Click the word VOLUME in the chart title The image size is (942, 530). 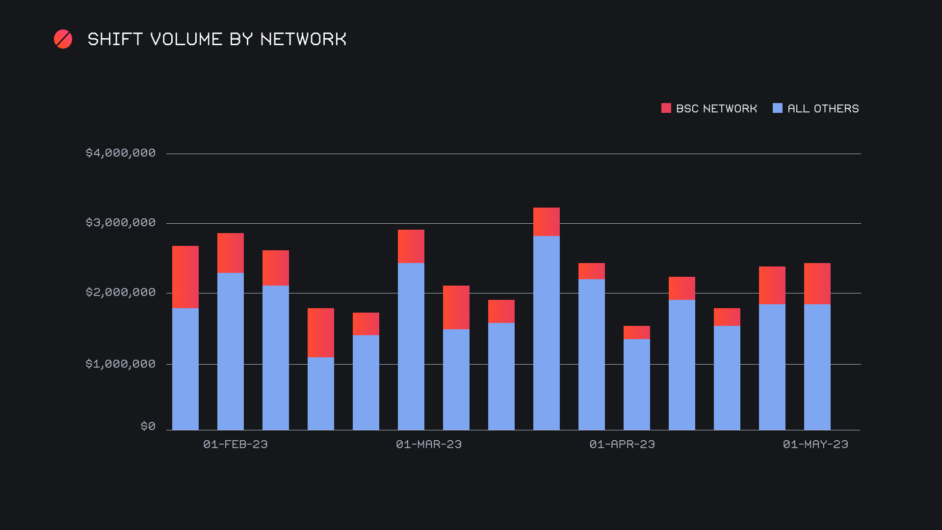point(186,39)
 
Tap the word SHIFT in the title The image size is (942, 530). point(115,39)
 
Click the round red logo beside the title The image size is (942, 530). point(63,39)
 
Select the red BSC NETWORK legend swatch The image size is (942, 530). point(666,108)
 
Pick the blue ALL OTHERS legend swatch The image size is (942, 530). point(777,108)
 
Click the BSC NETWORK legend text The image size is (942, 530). point(716,108)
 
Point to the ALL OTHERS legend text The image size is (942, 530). point(823,108)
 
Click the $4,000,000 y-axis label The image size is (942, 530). point(121,153)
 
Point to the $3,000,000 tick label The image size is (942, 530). point(121,223)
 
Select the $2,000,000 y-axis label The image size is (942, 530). point(121,292)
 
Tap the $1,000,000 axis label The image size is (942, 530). point(121,364)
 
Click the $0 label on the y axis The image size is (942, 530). point(148,426)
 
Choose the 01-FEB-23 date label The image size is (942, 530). point(235,444)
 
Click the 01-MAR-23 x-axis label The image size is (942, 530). point(429,444)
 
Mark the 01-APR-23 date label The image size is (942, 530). point(622,444)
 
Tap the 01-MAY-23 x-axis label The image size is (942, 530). point(815,444)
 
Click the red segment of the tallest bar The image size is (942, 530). point(547,222)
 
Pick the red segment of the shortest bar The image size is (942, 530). point(637,332)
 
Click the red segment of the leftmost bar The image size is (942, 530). point(185,277)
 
